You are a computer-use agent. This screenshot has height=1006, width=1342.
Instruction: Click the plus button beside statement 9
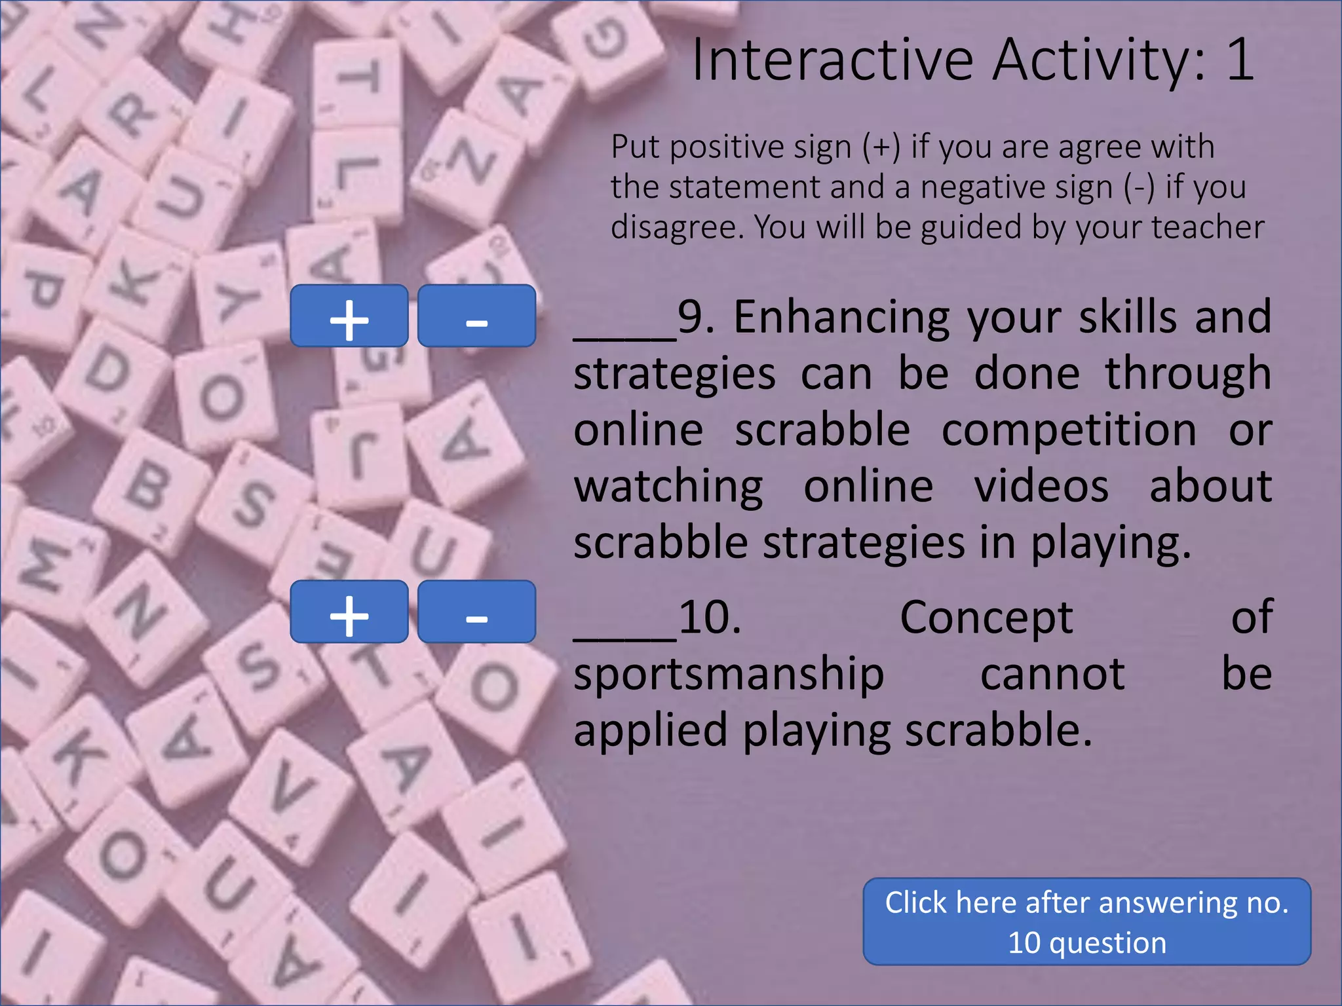(x=349, y=316)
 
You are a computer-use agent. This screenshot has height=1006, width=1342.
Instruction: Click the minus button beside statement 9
(x=476, y=316)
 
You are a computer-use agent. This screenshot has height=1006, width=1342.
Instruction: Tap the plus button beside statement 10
(x=349, y=611)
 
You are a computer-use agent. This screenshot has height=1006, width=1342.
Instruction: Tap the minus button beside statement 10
(x=476, y=611)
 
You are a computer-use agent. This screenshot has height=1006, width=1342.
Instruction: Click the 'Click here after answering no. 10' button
(x=1086, y=922)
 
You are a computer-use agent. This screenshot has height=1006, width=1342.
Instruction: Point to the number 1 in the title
(x=1240, y=60)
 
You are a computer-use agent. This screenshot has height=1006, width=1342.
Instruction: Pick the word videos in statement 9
(x=1041, y=487)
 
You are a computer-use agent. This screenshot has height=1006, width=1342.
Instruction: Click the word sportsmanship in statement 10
(x=729, y=675)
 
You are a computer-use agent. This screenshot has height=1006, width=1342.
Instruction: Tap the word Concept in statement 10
(x=986, y=619)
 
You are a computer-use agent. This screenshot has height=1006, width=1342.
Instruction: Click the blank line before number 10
(x=624, y=635)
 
